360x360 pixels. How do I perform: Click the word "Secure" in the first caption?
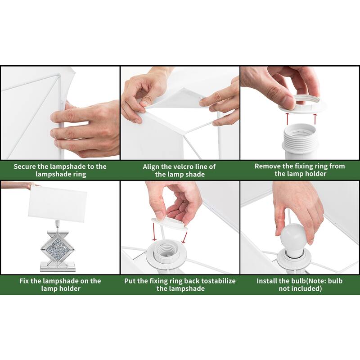pyautogui.click(x=24, y=166)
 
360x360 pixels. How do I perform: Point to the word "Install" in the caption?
pyautogui.click(x=266, y=281)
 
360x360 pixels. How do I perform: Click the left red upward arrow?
pyautogui.click(x=287, y=118)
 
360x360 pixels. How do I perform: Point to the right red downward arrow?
pyautogui.click(x=184, y=237)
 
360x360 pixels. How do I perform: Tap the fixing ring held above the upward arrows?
pyautogui.click(x=302, y=105)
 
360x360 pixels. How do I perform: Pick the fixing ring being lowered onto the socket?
pyautogui.click(x=170, y=224)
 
